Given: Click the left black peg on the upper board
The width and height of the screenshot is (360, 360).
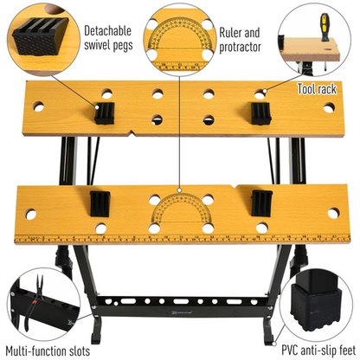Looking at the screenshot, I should (106, 112).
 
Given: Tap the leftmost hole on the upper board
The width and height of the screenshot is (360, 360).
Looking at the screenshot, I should (38, 108).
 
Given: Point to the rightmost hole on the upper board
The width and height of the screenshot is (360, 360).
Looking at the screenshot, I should (328, 108).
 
